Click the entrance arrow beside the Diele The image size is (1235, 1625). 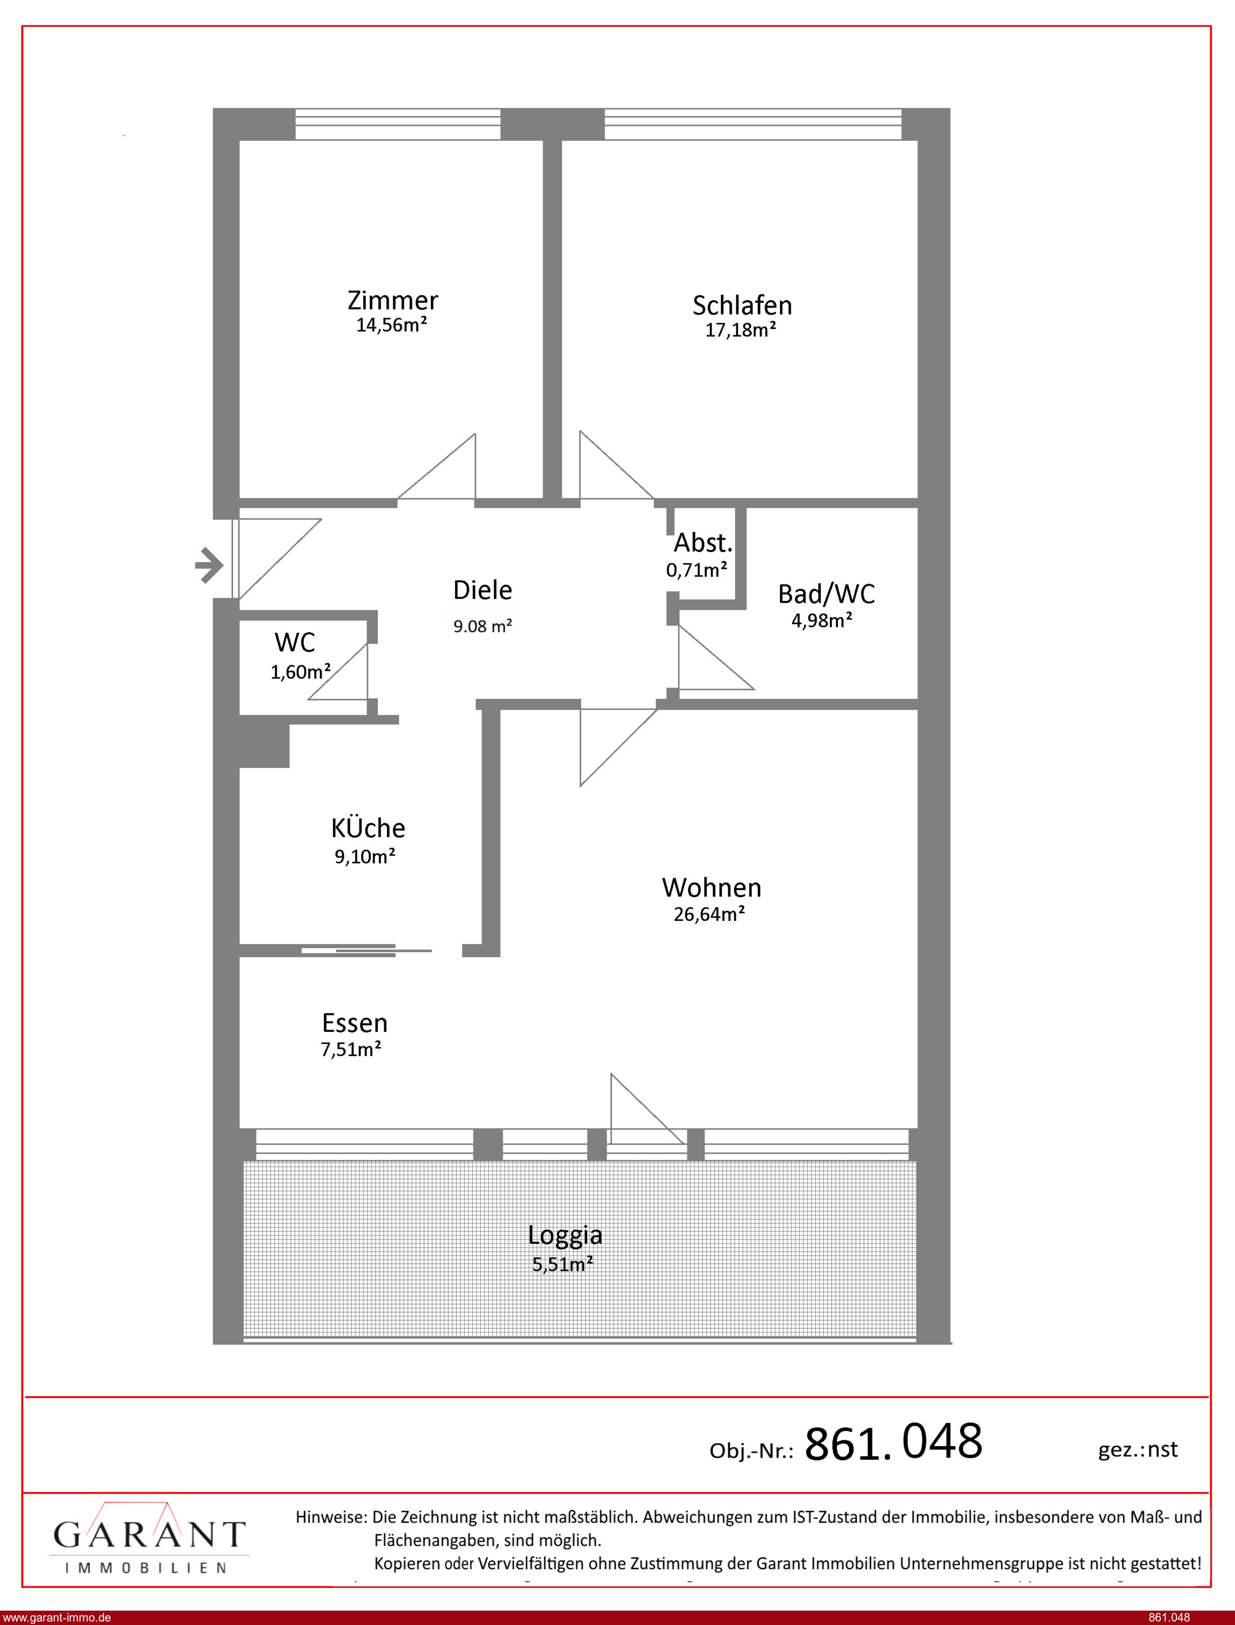tap(209, 565)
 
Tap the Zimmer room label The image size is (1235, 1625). tap(392, 301)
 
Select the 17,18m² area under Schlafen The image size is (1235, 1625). tap(741, 330)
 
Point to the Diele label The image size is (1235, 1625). tap(482, 590)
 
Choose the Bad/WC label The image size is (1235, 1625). tap(826, 594)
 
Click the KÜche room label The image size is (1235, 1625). tap(368, 828)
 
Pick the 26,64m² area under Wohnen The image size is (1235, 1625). tap(709, 914)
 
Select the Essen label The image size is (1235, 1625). tap(354, 1023)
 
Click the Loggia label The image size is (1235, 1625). tap(564, 1236)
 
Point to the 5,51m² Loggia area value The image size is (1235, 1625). tap(563, 1264)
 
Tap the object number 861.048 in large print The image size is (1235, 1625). tap(893, 1442)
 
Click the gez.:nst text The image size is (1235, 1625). tap(1137, 1450)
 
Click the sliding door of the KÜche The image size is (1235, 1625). tap(366, 950)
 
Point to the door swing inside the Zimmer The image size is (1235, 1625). tap(437, 467)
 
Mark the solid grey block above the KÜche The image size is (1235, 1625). tap(264, 746)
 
